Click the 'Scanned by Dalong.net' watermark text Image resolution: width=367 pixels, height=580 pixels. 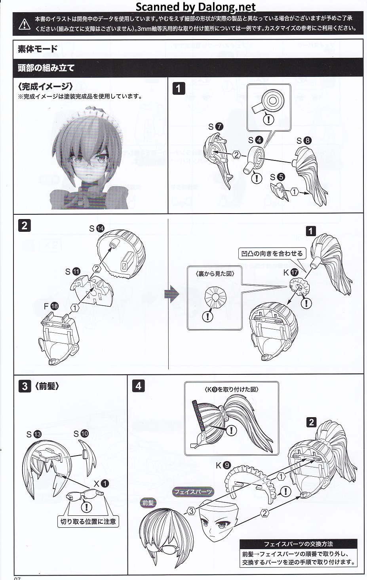(196, 7)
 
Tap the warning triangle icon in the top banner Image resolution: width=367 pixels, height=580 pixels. (25, 24)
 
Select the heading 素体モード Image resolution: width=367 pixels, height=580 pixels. (38, 49)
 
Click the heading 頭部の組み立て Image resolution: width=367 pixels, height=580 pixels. (46, 68)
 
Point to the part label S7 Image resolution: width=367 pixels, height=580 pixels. (216, 127)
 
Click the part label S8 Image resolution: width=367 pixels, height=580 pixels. (304, 141)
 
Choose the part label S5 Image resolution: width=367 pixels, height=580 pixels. (278, 177)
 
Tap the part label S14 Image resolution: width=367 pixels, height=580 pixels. (96, 228)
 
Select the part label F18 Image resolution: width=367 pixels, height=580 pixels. (51, 306)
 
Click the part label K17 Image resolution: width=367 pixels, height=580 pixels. (291, 273)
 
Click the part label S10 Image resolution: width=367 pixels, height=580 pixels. (81, 434)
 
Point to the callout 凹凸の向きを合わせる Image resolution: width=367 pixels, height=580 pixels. (272, 254)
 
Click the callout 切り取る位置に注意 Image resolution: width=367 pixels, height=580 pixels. (88, 522)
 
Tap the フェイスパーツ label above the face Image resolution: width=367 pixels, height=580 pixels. (193, 492)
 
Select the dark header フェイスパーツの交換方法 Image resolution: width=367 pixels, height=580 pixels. (299, 544)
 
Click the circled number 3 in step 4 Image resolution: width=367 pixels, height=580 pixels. (191, 511)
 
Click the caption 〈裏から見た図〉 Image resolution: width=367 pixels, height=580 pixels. (215, 273)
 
